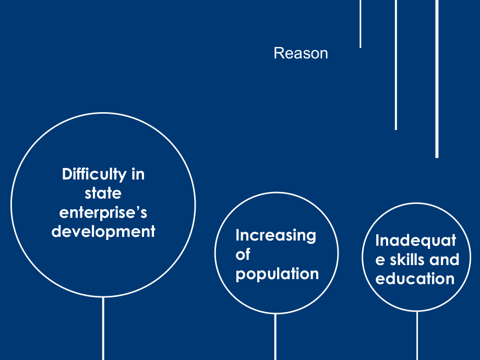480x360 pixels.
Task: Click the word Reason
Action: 301,53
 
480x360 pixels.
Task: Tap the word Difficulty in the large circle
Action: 94,174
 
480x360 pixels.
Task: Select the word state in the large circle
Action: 103,194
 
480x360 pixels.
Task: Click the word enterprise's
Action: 103,212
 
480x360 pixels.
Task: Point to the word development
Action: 103,232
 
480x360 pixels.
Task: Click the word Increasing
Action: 276,236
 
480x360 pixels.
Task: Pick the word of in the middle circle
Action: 243,255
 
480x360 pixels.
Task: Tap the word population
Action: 278,274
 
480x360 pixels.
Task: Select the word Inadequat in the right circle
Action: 416,241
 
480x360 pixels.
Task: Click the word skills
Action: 407,260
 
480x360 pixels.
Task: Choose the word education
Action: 415,279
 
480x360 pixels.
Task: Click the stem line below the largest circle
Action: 103,329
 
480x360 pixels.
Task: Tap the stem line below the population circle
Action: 275,337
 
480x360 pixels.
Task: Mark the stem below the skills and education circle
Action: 417,336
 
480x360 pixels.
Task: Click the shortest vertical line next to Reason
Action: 361,24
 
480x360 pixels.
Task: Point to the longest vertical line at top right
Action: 437,79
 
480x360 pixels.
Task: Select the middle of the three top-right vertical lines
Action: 396,65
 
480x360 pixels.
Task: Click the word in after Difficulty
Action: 138,174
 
